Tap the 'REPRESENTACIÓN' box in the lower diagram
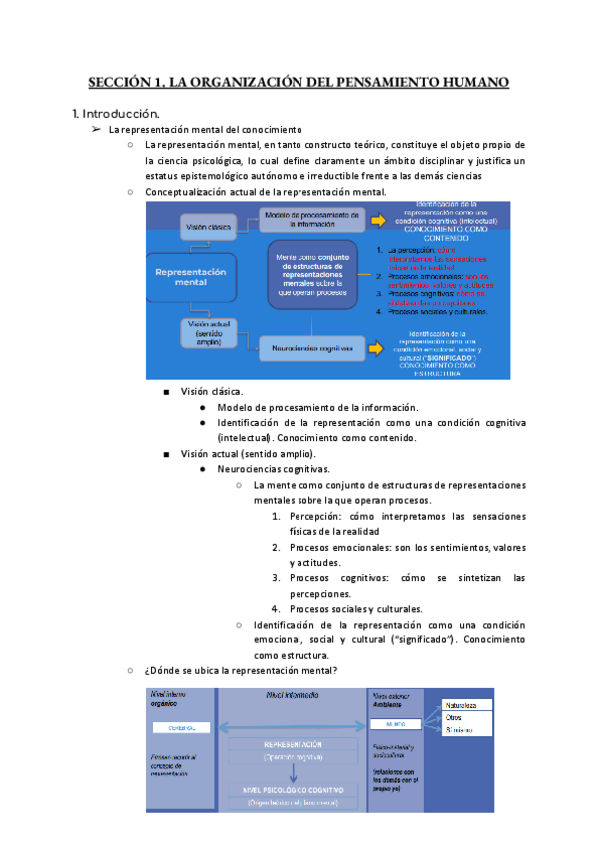click(292, 749)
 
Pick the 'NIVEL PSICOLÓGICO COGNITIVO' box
click(292, 795)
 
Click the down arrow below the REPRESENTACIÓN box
click(292, 773)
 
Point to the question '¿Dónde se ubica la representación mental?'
click(241, 670)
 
